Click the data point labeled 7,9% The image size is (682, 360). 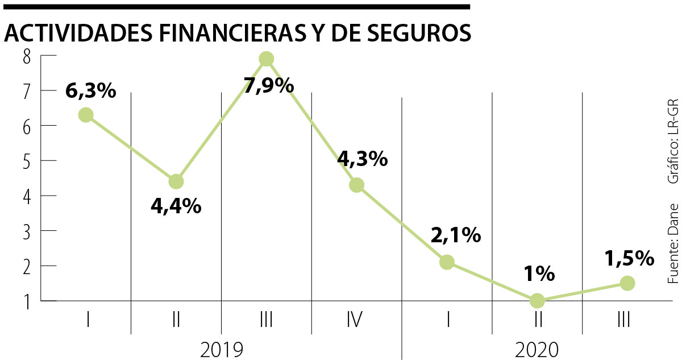click(266, 59)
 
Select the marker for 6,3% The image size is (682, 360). click(86, 115)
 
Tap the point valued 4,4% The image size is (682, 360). click(176, 181)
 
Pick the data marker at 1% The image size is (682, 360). click(537, 300)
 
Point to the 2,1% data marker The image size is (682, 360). click(447, 262)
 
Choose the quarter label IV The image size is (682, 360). click(355, 321)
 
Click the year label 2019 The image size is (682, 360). click(222, 349)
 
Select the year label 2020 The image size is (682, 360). click(537, 349)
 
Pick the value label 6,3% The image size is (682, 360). click(91, 90)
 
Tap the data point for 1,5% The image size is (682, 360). click(627, 283)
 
